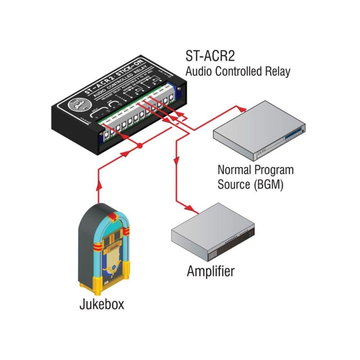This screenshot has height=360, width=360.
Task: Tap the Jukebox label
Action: (x=102, y=304)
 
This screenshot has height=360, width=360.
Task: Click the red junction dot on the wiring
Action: (x=140, y=147)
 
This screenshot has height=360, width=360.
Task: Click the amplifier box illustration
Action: (x=212, y=236)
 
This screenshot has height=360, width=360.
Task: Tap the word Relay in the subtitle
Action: (x=277, y=71)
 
